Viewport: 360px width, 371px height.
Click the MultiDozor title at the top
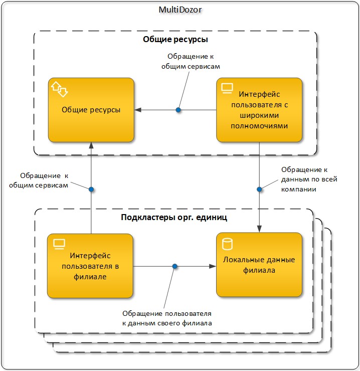180,10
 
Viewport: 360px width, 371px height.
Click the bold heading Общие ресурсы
175,39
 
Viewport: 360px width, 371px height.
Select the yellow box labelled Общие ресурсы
91,110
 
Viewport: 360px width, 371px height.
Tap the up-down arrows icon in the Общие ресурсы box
59,89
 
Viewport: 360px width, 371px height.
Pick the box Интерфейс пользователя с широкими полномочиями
259,110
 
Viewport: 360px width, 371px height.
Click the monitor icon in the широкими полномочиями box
227,88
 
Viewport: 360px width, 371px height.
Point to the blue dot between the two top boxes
178,110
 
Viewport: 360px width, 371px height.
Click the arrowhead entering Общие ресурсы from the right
138,110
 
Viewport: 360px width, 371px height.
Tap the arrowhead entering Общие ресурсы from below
91,145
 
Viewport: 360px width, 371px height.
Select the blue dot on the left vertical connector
91,190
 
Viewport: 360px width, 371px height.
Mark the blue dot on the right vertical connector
259,190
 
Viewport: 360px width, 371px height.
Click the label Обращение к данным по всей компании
309,179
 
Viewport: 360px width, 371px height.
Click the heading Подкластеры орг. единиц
174,217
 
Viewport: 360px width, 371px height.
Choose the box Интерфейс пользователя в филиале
90,266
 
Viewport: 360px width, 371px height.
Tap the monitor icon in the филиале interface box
59,244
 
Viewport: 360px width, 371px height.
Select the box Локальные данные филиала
259,265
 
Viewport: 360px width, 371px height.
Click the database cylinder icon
227,244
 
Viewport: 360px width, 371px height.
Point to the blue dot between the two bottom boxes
174,266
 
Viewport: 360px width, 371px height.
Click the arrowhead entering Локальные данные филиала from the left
213,266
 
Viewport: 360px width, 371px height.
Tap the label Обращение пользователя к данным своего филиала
167,318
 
